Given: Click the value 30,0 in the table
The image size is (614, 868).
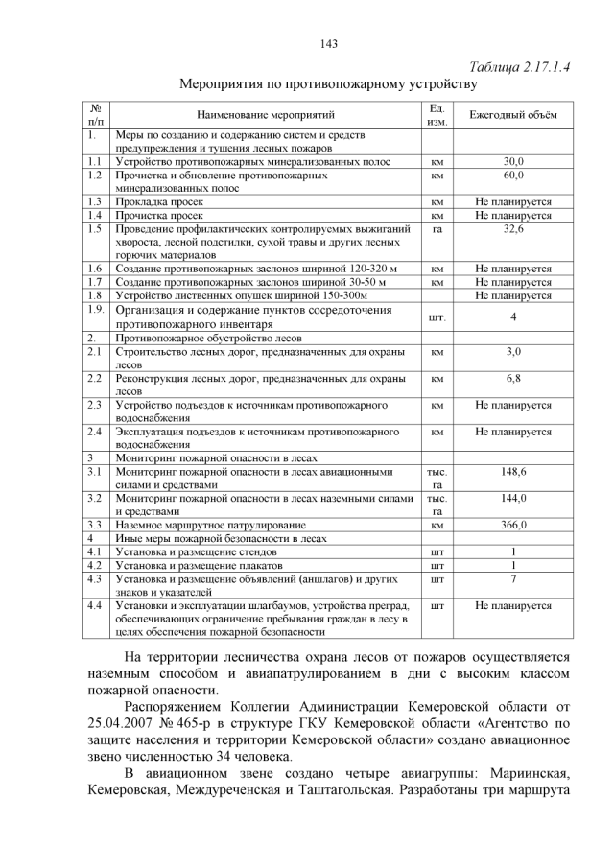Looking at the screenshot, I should [513, 162].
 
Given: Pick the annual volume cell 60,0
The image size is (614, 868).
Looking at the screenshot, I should [513, 176].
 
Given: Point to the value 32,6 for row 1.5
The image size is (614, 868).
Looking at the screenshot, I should [513, 229].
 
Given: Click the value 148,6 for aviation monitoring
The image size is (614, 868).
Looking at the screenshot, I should [513, 472].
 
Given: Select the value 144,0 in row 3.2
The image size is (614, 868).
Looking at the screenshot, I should [513, 498].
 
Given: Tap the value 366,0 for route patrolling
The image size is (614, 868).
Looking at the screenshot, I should [513, 525].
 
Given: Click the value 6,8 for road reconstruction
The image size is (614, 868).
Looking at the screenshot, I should [513, 379].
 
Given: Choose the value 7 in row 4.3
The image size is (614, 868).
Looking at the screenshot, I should [513, 578].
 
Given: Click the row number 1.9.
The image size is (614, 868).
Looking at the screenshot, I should [94, 310].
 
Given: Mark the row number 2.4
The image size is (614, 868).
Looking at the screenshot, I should [93, 432].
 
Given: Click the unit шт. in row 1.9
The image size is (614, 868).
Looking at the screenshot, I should [437, 317].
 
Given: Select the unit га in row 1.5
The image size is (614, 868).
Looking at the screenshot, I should [437, 229].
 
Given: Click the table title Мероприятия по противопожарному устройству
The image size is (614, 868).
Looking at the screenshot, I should [328, 84].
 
